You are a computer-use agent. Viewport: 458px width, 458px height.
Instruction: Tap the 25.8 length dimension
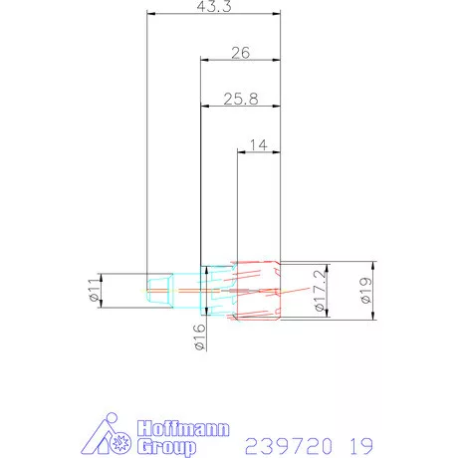tap(240, 99)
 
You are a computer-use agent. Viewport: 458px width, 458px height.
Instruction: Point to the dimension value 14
tap(257, 145)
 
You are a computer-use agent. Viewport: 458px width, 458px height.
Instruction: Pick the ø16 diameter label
tap(197, 339)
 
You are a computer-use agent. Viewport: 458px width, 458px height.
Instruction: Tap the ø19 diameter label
tap(367, 292)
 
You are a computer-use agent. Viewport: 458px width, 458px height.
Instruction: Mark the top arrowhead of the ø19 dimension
tap(374, 265)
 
